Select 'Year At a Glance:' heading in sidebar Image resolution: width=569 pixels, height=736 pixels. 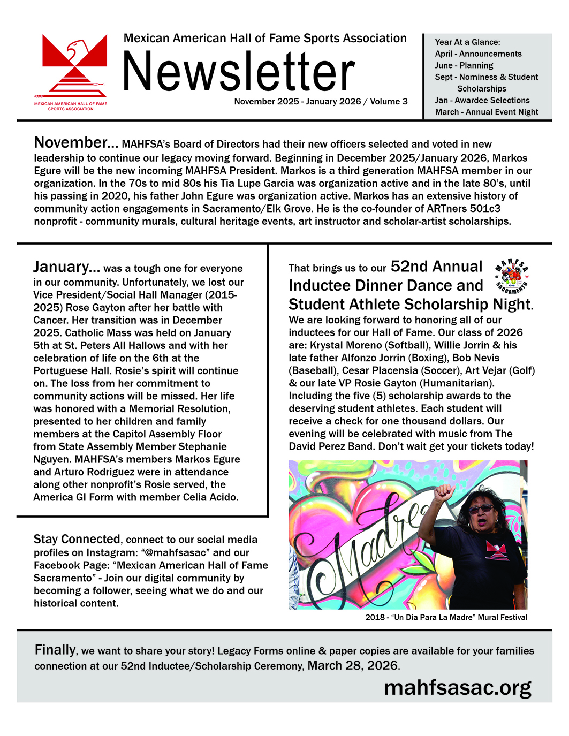467,42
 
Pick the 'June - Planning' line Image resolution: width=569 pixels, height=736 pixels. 464,65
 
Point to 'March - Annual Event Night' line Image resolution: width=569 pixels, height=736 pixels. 487,112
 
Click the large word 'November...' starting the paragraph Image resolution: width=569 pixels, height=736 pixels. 76,143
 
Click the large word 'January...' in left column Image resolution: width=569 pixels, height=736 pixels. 66,267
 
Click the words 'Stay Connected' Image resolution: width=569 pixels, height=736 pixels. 77,539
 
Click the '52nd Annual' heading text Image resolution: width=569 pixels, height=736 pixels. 436,267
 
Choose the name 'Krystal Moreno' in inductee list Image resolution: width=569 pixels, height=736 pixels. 346,345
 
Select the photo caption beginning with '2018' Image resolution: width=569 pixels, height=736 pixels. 446,617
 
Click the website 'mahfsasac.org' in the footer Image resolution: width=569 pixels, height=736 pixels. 458,687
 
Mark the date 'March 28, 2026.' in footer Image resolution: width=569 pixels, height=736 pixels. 353,666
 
